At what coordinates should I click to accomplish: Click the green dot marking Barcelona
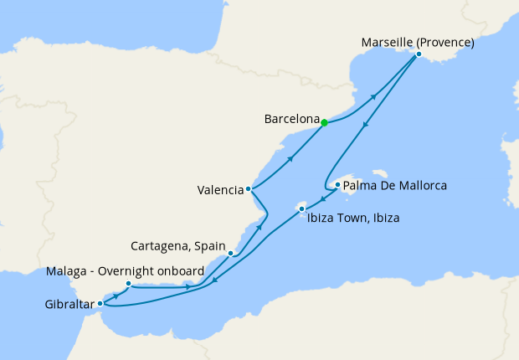click(x=324, y=122)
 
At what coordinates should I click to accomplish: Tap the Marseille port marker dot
click(x=419, y=54)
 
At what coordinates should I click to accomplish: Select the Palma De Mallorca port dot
click(x=337, y=185)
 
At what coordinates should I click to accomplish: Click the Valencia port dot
click(x=249, y=189)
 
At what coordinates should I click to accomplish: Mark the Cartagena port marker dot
click(x=230, y=252)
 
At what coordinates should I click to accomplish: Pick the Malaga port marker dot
click(x=128, y=284)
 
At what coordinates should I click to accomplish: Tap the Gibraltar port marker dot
click(x=100, y=303)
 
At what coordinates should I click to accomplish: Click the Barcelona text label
click(x=290, y=120)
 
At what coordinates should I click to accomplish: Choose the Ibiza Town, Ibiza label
click(x=352, y=219)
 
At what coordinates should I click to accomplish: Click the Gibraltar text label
click(x=69, y=305)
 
